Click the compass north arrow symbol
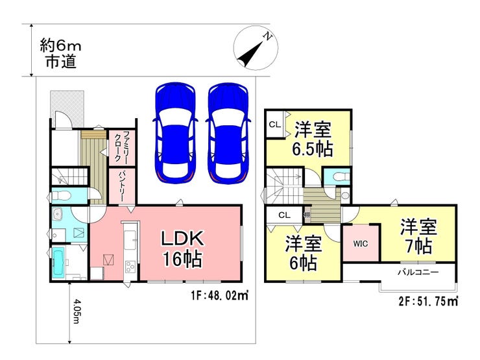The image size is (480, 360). [x=256, y=49]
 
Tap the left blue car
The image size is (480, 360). [x=175, y=134]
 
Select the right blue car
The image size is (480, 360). [x=228, y=134]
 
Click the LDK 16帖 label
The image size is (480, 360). [x=182, y=248]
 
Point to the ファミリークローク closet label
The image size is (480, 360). [x=122, y=147]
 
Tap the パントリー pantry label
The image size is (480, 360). [x=122, y=186]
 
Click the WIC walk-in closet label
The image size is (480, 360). [x=361, y=244]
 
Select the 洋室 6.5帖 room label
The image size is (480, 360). [x=313, y=139]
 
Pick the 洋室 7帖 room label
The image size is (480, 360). [x=418, y=236]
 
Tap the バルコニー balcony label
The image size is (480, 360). [x=418, y=272]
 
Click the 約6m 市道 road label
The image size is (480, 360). [x=60, y=54]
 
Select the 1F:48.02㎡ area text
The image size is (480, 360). [x=219, y=296]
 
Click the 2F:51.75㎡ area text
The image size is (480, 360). [x=428, y=302]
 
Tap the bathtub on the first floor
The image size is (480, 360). [x=58, y=263]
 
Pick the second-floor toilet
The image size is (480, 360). [x=340, y=177]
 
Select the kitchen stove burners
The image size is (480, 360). [x=130, y=267]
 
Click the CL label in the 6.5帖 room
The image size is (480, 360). [x=275, y=125]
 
